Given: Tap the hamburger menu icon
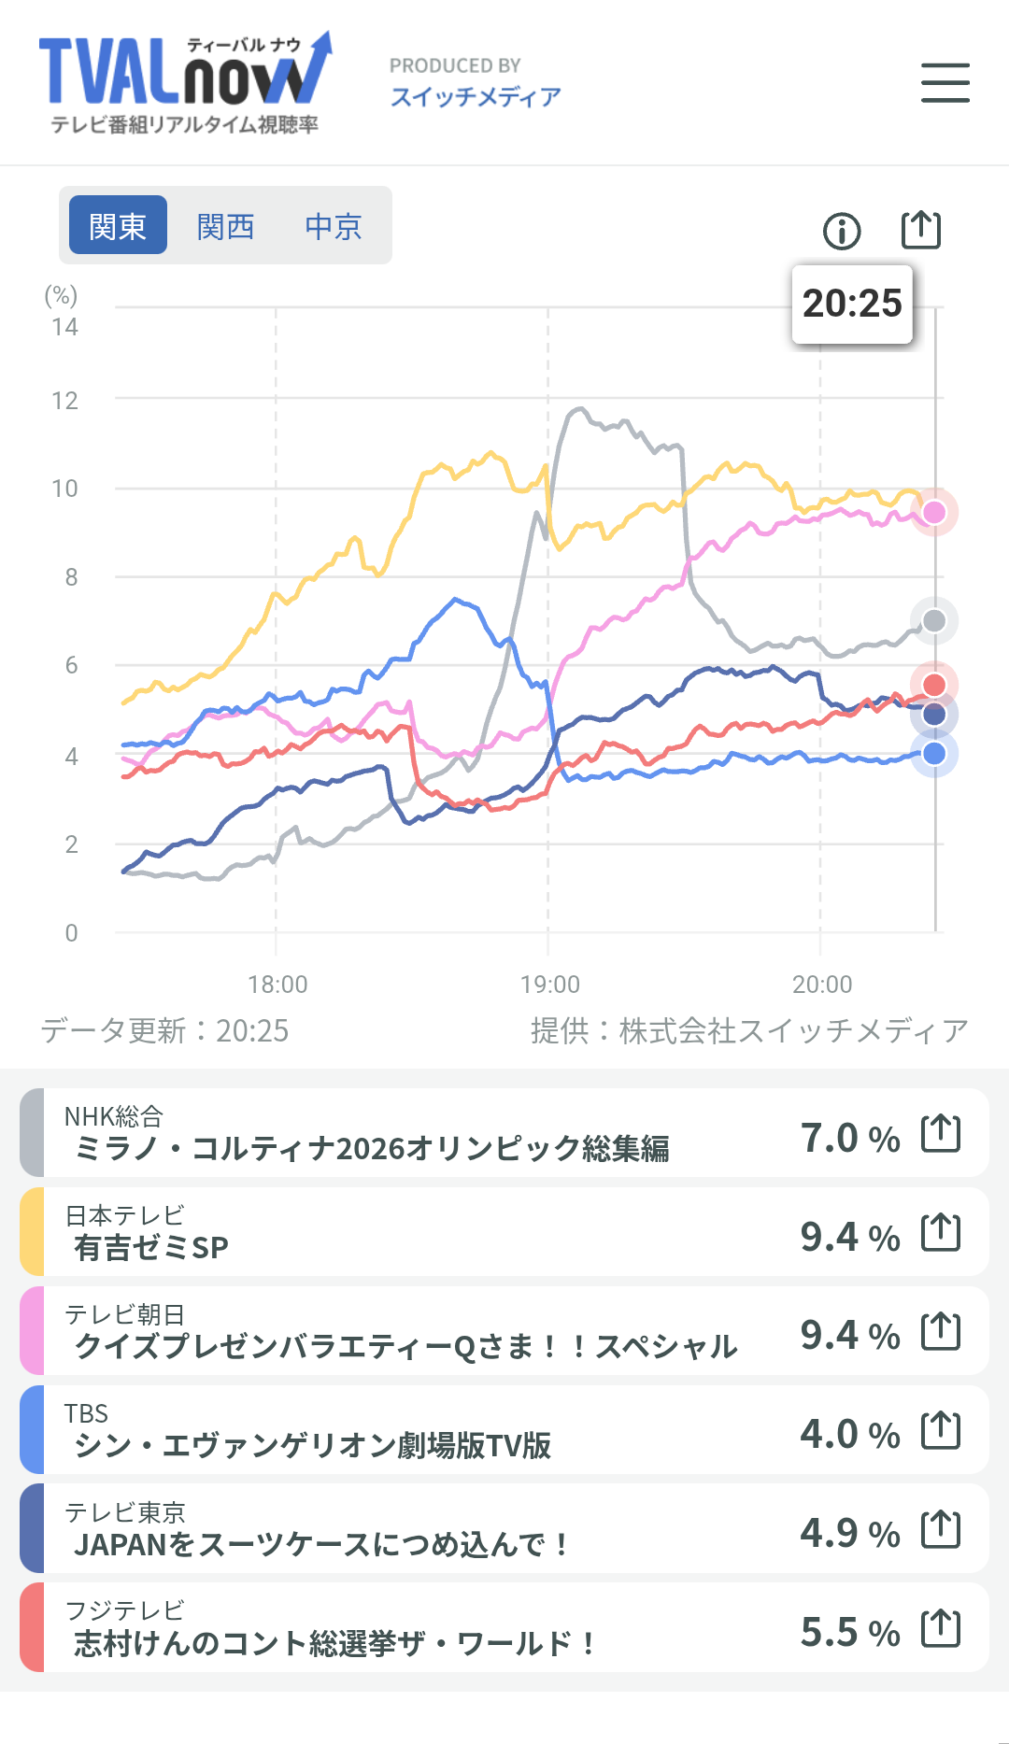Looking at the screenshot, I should (945, 82).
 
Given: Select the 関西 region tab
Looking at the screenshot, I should (225, 226).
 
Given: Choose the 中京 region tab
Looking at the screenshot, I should (333, 226).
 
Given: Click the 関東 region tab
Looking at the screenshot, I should (118, 226).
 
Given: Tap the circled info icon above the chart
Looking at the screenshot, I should (842, 231).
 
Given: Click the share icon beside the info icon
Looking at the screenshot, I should (920, 230).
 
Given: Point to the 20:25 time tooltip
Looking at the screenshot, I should (852, 304).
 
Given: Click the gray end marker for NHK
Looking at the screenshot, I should (933, 620).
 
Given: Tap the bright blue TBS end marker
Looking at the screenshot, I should (933, 754).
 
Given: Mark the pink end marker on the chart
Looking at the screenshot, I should (933, 512).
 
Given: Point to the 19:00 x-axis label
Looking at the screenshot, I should (549, 985).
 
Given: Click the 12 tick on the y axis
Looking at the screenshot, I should (64, 401).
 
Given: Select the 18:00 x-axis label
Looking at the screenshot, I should (277, 985).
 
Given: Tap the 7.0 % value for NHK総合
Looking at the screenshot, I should (849, 1138).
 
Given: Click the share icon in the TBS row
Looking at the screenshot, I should (940, 1430).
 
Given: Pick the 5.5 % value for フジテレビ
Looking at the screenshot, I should (849, 1632).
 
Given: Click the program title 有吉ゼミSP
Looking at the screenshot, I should (151, 1247).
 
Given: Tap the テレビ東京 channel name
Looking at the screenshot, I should (124, 1512).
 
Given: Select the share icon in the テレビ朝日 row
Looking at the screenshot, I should (940, 1331).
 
